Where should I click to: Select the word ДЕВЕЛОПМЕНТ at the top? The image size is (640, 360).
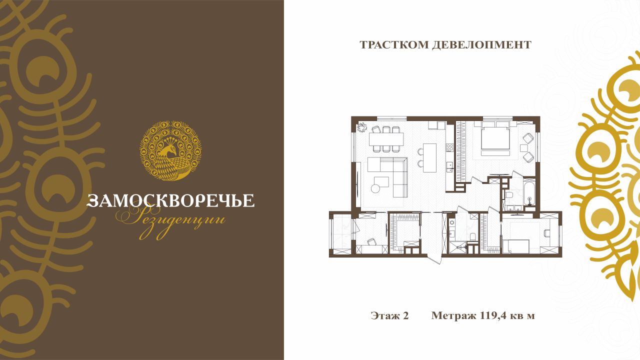click(481, 45)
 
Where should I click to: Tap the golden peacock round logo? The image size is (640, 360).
click(170, 150)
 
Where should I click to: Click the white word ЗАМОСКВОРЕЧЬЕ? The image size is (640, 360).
click(170, 200)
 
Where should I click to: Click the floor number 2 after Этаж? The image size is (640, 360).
click(405, 315)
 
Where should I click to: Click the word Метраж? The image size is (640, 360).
click(453, 316)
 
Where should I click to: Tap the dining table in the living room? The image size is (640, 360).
click(386, 139)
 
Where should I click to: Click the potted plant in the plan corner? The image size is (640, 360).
click(361, 127)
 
